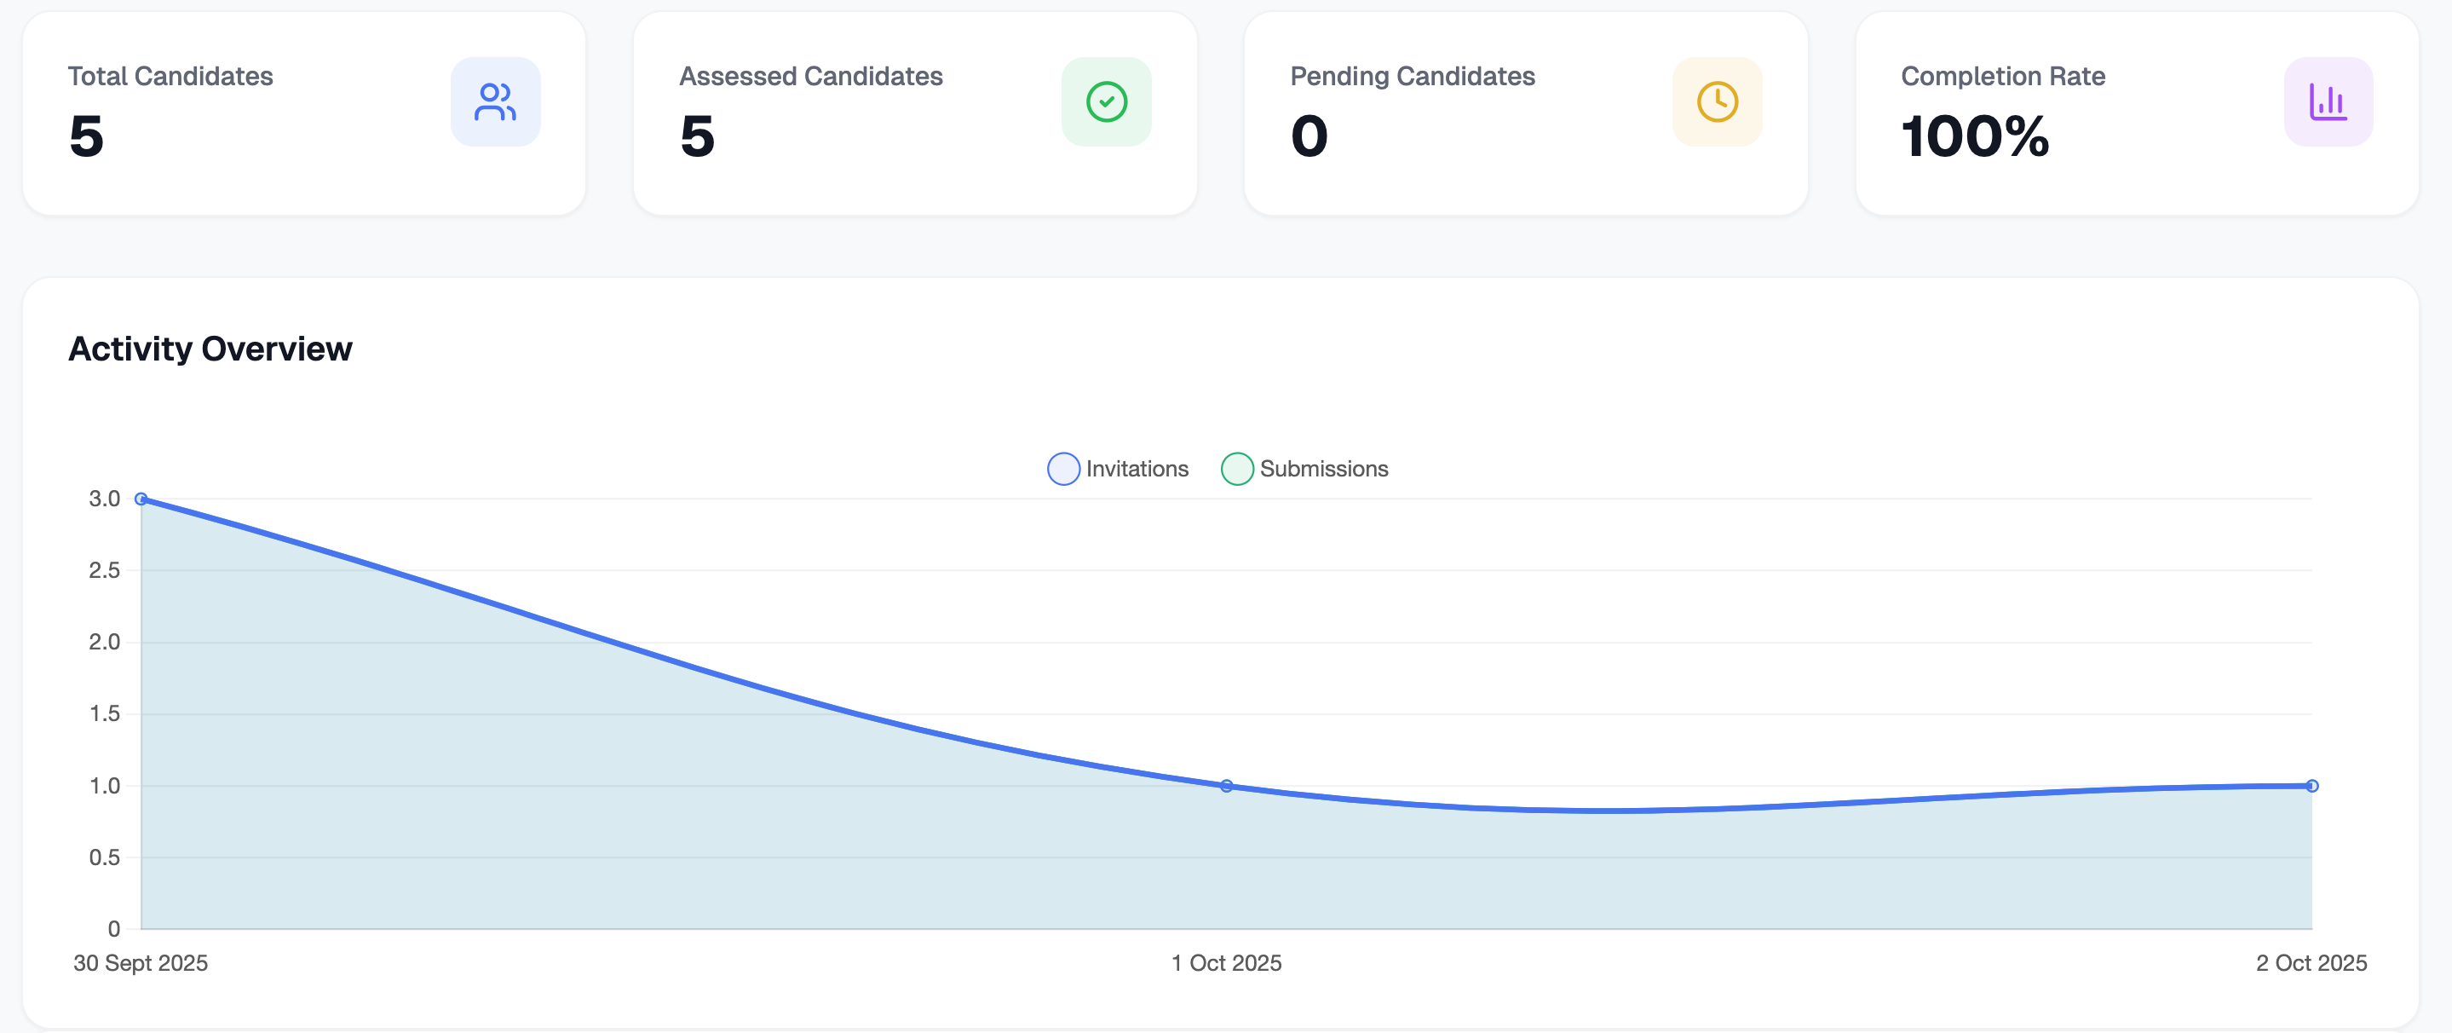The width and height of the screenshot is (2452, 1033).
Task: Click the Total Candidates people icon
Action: click(x=495, y=102)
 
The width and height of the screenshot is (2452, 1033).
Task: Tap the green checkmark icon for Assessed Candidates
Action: click(x=1106, y=102)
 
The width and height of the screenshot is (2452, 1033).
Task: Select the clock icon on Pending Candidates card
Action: click(x=1717, y=102)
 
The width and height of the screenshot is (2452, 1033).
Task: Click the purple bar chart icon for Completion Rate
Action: click(x=2328, y=102)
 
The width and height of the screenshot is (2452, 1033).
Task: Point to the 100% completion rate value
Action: click(x=1974, y=136)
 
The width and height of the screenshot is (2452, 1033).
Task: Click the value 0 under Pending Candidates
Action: click(x=1309, y=136)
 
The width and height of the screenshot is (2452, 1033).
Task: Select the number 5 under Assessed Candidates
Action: click(x=697, y=136)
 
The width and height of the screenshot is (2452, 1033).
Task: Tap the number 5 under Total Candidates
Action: click(x=86, y=136)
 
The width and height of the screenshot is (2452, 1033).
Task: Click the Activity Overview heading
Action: click(x=210, y=349)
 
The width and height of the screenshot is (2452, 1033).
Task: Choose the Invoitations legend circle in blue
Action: click(x=1063, y=469)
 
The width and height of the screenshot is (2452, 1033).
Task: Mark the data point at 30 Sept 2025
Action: click(x=141, y=499)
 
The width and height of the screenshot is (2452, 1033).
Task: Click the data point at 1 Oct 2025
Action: click(x=1226, y=786)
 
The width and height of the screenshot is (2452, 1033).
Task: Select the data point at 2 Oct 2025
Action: click(x=2311, y=786)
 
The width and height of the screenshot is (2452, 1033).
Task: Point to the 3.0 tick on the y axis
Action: click(x=104, y=499)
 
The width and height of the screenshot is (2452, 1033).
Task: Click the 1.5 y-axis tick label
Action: click(x=104, y=713)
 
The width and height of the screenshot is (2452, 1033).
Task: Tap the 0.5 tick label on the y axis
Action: click(x=104, y=857)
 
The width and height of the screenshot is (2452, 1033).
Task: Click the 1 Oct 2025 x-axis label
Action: click(x=1226, y=962)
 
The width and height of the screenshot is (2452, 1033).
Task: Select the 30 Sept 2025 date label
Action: click(x=141, y=962)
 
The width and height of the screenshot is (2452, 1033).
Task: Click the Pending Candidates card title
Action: click(x=1412, y=76)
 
